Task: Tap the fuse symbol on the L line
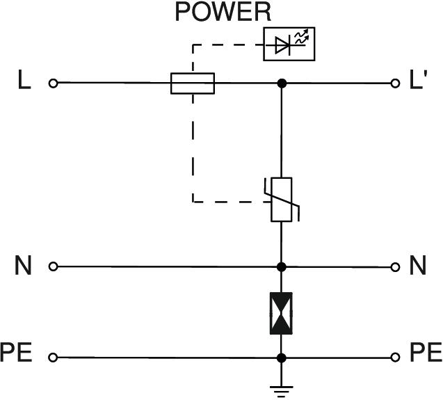pos(193,83)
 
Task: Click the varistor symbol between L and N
pos(281,200)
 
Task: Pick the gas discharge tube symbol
pos(281,314)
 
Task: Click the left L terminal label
pos(24,82)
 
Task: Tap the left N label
pos(24,266)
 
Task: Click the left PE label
pos(17,353)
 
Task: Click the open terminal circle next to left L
pos(53,83)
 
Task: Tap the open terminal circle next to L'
pos(395,83)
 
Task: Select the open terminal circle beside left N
pos(53,266)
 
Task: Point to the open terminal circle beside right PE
pos(395,358)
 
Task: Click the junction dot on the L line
pos(281,83)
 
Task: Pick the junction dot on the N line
pos(281,266)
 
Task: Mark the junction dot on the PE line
pos(281,358)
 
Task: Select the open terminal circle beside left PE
pos(53,358)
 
